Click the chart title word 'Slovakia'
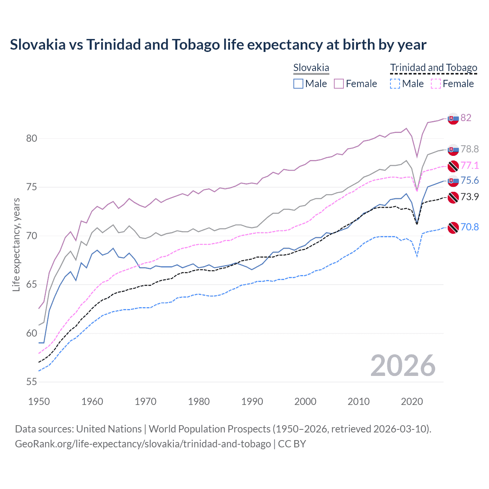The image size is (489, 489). coord(37,45)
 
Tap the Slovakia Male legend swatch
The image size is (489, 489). coord(298,84)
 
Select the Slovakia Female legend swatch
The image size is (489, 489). coord(339,84)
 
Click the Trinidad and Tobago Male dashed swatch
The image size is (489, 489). coord(395,84)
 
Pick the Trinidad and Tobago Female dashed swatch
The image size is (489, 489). coord(436,84)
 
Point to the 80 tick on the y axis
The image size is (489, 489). coord(32,138)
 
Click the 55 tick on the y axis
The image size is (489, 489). coord(32,382)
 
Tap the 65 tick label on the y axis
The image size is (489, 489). coord(32,285)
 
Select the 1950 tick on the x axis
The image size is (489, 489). coord(39,402)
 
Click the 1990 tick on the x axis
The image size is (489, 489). coord(252,402)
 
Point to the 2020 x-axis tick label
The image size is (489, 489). coord(412,402)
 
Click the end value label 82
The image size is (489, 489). coord(466,118)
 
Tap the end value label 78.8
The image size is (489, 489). coord(470,149)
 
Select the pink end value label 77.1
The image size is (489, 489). coord(470,165)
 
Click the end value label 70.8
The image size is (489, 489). coord(470,227)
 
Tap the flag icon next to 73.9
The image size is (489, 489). coord(453,198)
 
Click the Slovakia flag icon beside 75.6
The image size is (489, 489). coord(453,181)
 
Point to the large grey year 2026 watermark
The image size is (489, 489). coord(403,366)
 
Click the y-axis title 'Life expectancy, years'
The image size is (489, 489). coord(16,244)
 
